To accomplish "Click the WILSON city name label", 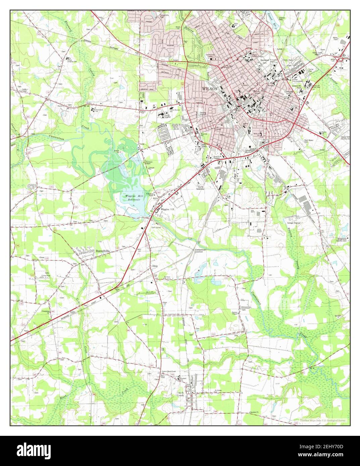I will point(210,89).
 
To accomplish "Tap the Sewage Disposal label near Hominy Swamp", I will point(294,223).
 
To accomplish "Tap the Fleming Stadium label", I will point(203,113).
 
